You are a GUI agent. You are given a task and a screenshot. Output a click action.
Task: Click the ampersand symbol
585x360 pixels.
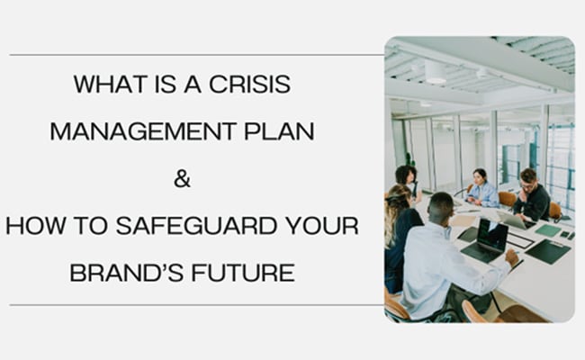pos(182,178)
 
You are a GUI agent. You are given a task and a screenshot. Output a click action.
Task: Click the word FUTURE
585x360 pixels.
pos(244,271)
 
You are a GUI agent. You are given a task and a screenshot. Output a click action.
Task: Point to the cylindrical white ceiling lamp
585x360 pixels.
pos(436,70)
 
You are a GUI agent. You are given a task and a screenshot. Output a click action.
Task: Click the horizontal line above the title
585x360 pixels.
pos(193,55)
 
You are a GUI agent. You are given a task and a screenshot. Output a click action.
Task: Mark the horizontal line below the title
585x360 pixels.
pos(193,305)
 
